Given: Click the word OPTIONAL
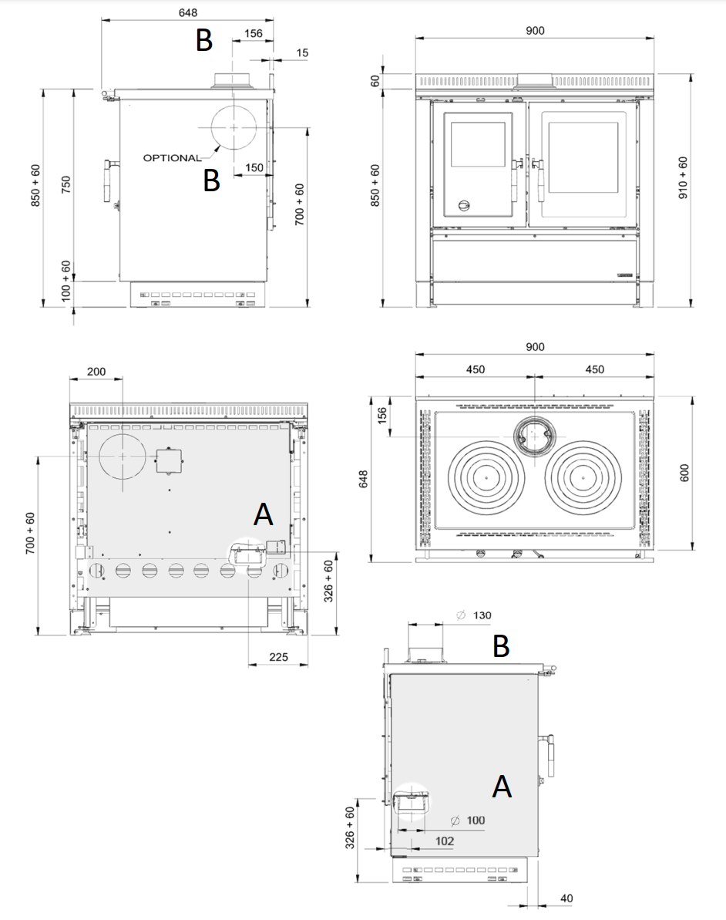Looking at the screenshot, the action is point(172,158).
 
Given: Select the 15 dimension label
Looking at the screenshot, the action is point(302,52).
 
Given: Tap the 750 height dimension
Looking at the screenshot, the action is point(66,184).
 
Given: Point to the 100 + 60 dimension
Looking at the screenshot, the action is point(66,281).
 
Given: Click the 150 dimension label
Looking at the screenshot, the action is point(254,168).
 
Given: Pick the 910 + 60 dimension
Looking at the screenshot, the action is point(683,177).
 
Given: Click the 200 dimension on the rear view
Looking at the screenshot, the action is point(96,372).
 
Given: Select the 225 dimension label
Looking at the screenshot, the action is point(278,656).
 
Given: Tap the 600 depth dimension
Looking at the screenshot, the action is point(684,473).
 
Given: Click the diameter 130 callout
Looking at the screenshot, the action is point(474,615).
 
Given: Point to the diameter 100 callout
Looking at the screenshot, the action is point(468,821).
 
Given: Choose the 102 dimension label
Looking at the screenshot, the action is point(445,841).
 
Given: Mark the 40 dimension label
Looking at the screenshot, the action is point(566,898).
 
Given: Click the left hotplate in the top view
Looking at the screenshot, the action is point(486,477).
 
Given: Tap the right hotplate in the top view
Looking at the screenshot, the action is point(583,477).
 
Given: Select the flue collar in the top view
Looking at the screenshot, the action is point(534,437).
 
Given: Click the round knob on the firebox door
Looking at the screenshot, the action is point(464,205).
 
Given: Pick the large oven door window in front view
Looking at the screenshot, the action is point(583,157).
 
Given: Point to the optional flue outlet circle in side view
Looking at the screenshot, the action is point(234,127).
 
